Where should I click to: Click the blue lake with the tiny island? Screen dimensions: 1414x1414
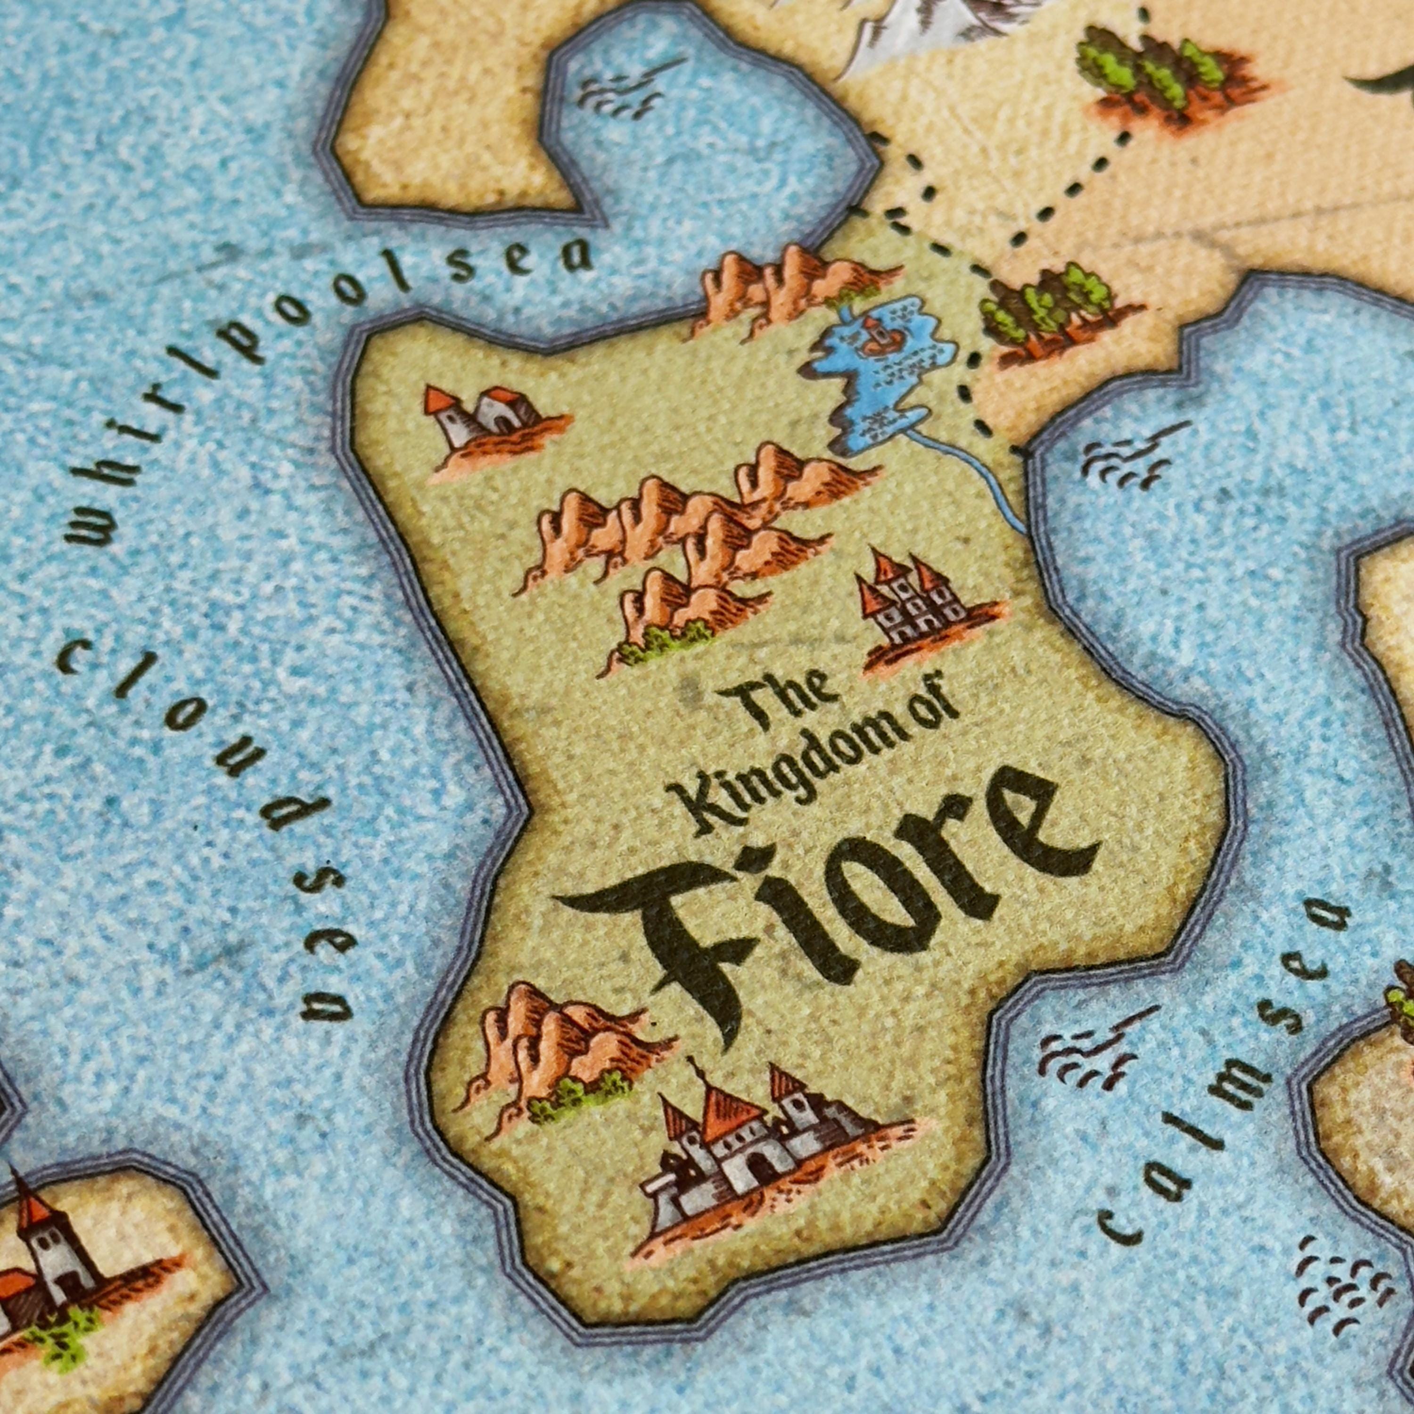878,380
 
